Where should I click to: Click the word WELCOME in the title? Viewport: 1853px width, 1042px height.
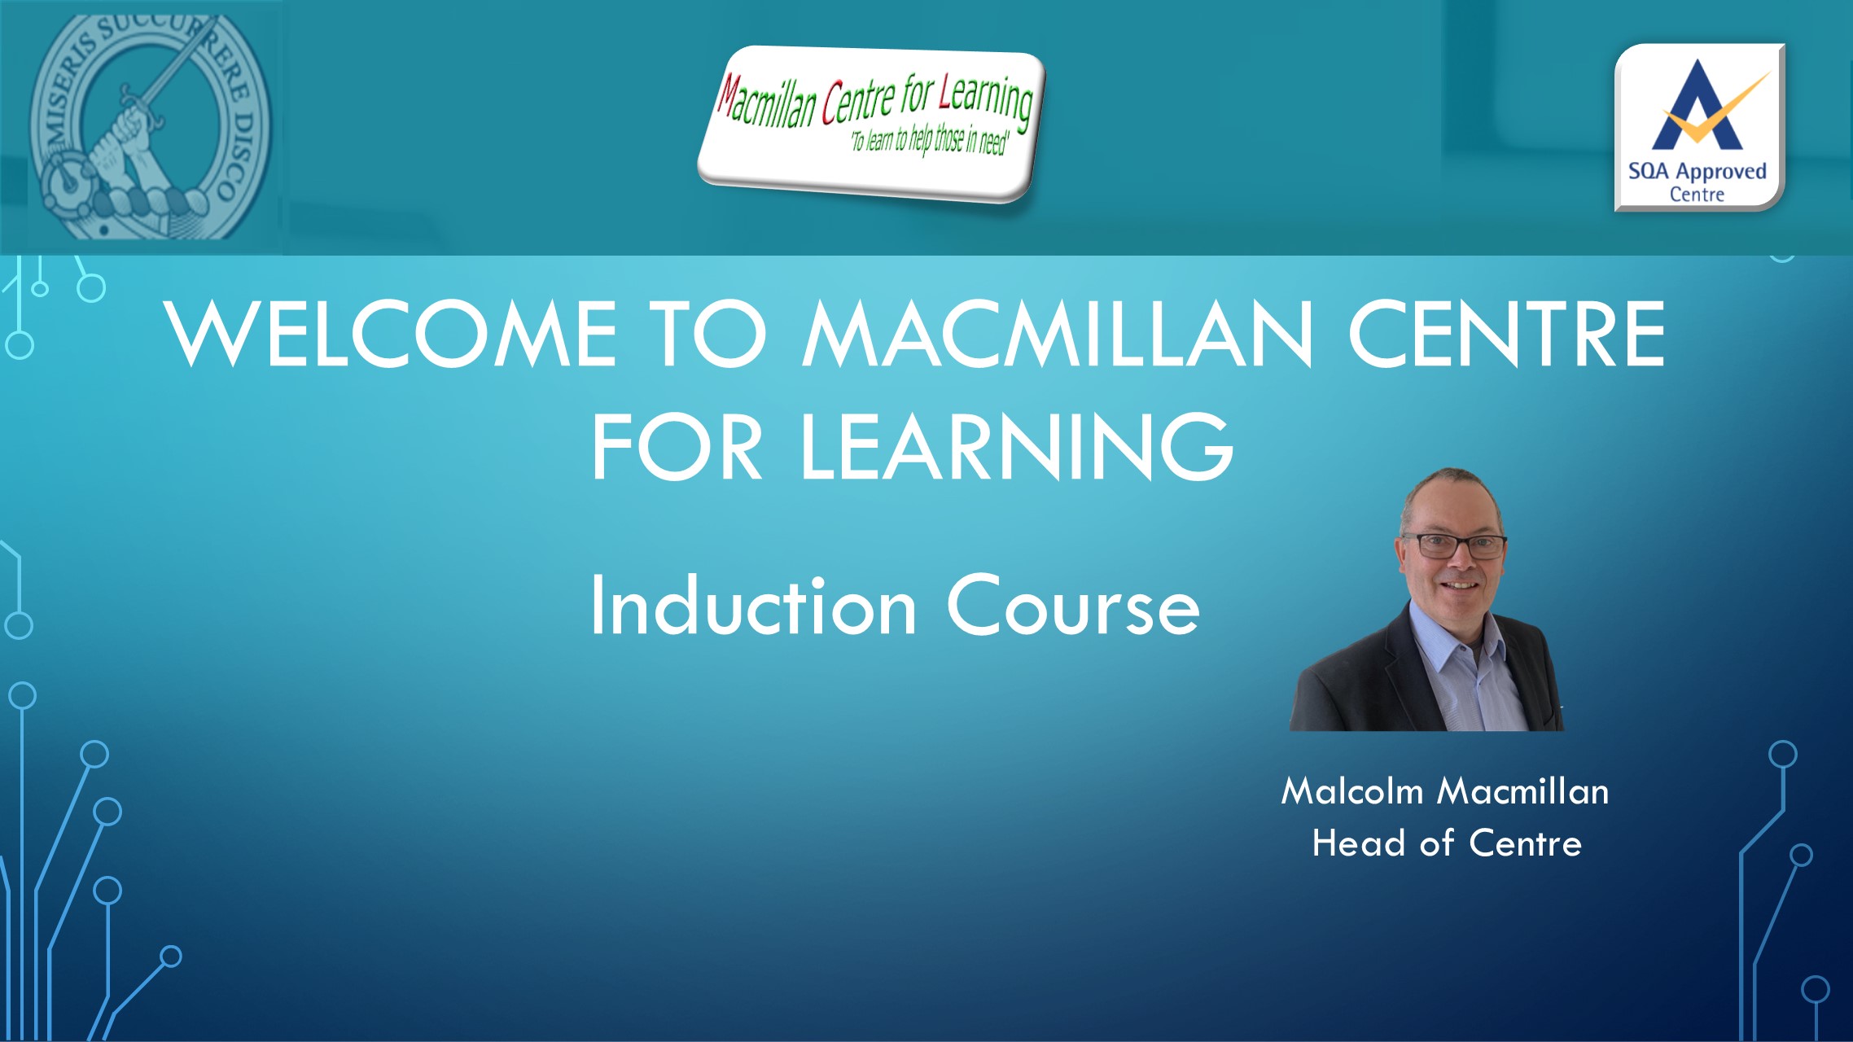(391, 333)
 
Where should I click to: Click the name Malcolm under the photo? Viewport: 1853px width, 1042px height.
(1352, 790)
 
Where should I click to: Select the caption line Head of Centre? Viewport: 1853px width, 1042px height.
(1447, 843)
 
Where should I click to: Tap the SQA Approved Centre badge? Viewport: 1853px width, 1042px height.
(1699, 128)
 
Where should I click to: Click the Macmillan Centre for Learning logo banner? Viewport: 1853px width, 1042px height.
(871, 124)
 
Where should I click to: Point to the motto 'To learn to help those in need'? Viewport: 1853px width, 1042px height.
(929, 140)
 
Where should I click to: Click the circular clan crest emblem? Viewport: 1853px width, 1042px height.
(151, 126)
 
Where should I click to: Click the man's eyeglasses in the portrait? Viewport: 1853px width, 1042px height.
(1454, 545)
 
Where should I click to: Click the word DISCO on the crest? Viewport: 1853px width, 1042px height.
(237, 155)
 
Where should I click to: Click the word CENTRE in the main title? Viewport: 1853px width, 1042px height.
(1507, 333)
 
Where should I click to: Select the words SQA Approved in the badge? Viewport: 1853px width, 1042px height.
(1697, 172)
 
